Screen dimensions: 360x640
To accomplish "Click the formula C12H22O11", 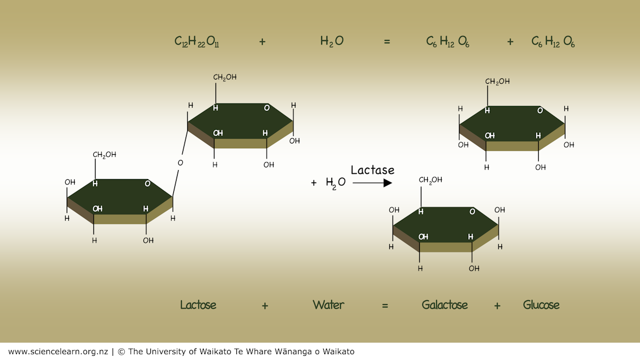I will click(197, 42).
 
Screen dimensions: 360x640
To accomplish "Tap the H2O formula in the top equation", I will click(332, 42).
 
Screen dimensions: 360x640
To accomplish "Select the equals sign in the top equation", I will click(387, 42).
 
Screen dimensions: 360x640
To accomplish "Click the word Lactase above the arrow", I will click(372, 170).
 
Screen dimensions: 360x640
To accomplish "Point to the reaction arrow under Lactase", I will click(372, 183).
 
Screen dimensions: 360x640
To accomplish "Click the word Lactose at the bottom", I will click(198, 305).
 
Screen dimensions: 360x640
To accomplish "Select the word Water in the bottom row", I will click(329, 305).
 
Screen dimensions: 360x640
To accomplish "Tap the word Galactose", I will click(445, 305).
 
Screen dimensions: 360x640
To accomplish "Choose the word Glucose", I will click(541, 305).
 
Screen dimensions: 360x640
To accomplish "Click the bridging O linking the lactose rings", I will click(180, 163).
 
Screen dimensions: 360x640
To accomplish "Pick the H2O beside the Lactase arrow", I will click(335, 182).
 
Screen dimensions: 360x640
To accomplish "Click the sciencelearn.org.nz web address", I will click(58, 351).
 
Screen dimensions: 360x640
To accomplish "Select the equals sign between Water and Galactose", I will click(385, 306).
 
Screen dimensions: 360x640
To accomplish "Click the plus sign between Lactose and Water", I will click(265, 306).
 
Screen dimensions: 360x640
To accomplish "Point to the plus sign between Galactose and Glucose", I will click(497, 306).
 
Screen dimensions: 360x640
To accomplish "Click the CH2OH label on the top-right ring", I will click(497, 82).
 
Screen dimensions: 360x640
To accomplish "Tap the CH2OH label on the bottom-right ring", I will click(430, 180).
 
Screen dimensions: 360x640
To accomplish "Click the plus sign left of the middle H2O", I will click(314, 183).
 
